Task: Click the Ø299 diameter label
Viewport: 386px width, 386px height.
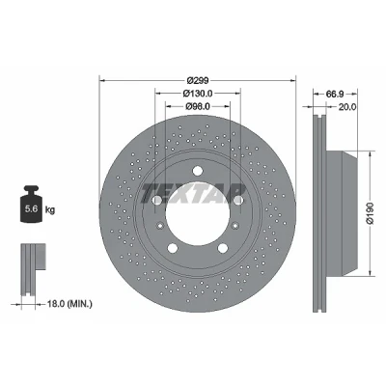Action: tap(198, 80)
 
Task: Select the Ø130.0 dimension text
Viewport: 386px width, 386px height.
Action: tap(198, 93)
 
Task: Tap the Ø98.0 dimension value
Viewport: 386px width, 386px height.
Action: tap(198, 106)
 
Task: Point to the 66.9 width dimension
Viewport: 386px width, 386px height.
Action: tap(335, 94)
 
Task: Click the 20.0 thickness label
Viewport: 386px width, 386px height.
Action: tap(347, 107)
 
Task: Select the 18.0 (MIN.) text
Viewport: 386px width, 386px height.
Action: tap(69, 303)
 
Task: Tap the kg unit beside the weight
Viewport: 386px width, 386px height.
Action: tap(50, 210)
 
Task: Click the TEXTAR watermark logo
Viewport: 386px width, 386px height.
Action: tap(193, 194)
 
